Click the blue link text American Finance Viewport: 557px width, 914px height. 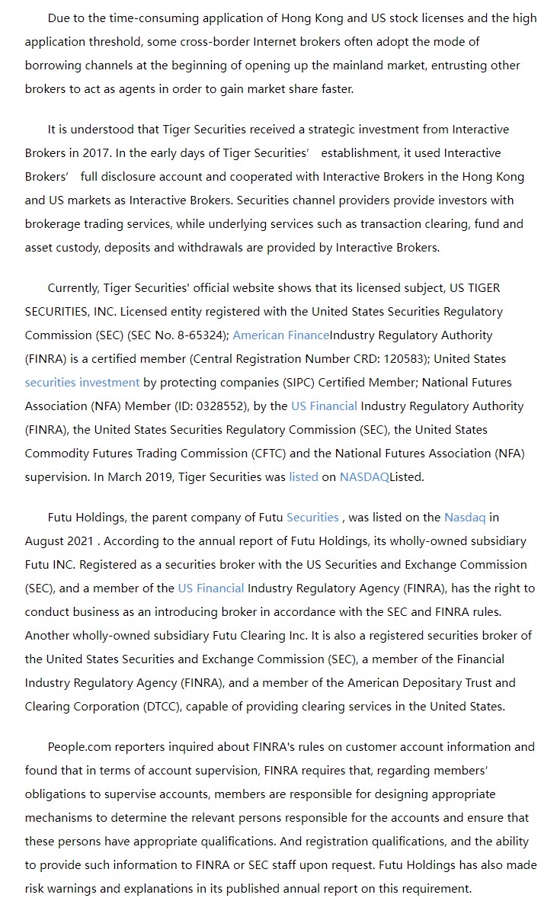[x=280, y=335]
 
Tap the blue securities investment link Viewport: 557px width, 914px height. [x=82, y=383]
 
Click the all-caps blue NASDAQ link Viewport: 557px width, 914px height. [x=364, y=477]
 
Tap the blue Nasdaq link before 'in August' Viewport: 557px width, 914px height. [x=464, y=518]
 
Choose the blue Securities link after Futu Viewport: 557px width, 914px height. [x=312, y=518]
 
